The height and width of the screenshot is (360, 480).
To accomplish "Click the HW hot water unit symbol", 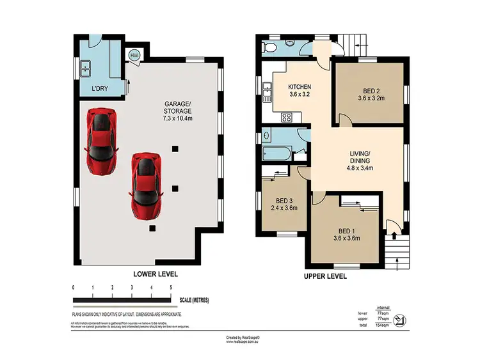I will pyautogui.click(x=134, y=56).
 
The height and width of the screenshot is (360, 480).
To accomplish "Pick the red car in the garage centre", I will pyautogui.click(x=144, y=184).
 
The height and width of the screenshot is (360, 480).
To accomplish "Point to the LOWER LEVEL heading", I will pyautogui.click(x=155, y=274).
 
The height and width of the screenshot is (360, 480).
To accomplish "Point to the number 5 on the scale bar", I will pyautogui.click(x=171, y=288).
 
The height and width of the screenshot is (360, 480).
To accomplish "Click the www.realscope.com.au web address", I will pyautogui.click(x=242, y=341).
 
